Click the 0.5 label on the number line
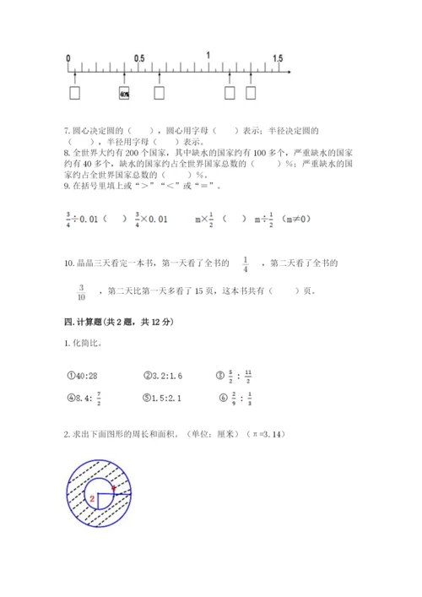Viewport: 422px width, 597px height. (140, 57)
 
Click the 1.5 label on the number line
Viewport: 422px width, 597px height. (278, 57)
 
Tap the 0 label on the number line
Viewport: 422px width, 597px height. (68, 57)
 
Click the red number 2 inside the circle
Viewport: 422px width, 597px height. (89, 499)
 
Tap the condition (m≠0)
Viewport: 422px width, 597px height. (300, 220)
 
